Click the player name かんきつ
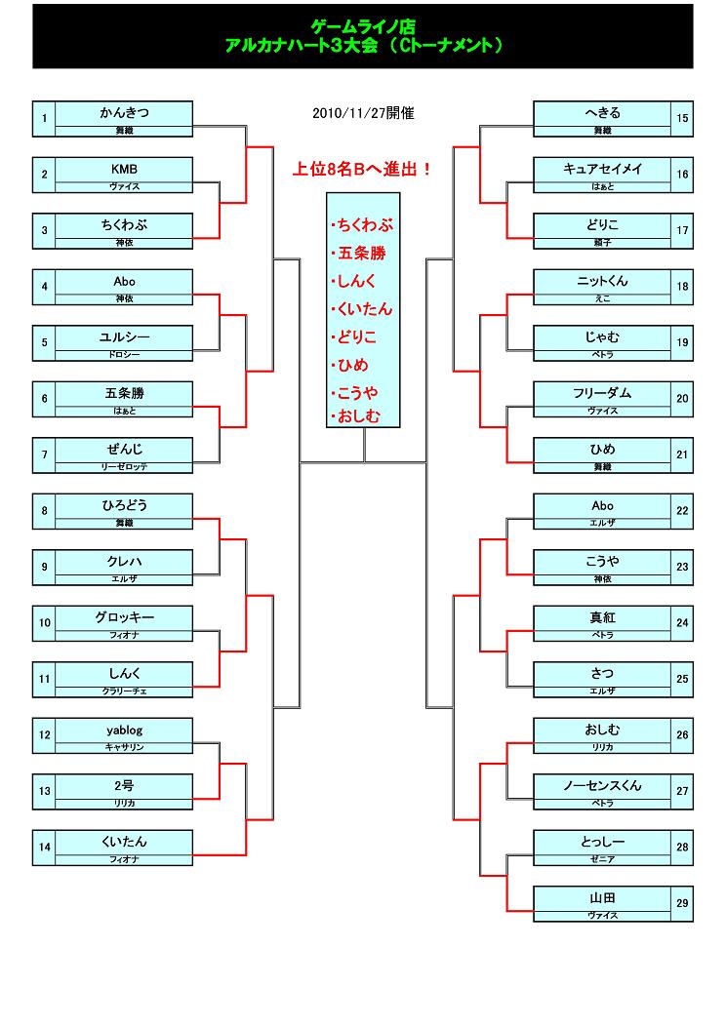pos(124,113)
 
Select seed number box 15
pos(682,119)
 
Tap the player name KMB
pos(124,169)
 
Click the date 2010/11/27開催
pos(363,113)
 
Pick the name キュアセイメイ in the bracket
pos(602,169)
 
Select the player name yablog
pos(124,730)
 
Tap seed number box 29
pos(682,904)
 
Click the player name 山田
pos(602,897)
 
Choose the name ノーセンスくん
pos(602,785)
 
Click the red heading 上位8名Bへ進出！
pos(363,169)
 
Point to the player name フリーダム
pos(602,393)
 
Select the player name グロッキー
pos(124,617)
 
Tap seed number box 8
pos(44,511)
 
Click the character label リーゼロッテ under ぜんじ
pos(124,467)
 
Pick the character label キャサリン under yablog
pos(124,746)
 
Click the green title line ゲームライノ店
pos(363,27)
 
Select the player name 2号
pos(124,785)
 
